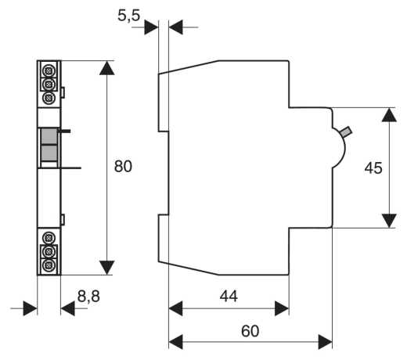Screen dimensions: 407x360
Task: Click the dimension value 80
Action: pyautogui.click(x=123, y=167)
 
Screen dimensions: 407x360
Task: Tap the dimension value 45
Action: pyautogui.click(x=373, y=167)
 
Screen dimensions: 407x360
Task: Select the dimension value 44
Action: pyautogui.click(x=229, y=297)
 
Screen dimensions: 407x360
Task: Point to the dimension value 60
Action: pyautogui.click(x=250, y=331)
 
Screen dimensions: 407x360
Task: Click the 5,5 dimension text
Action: pyautogui.click(x=129, y=16)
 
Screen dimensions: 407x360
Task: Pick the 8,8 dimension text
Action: pyautogui.click(x=88, y=297)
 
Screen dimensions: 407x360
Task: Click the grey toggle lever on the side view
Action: pyautogui.click(x=346, y=132)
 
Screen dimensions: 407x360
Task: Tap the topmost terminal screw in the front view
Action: pyautogui.click(x=49, y=70)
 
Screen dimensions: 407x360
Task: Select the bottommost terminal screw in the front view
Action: pyautogui.click(x=49, y=265)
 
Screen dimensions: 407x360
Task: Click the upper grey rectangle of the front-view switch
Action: pyautogui.click(x=49, y=136)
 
